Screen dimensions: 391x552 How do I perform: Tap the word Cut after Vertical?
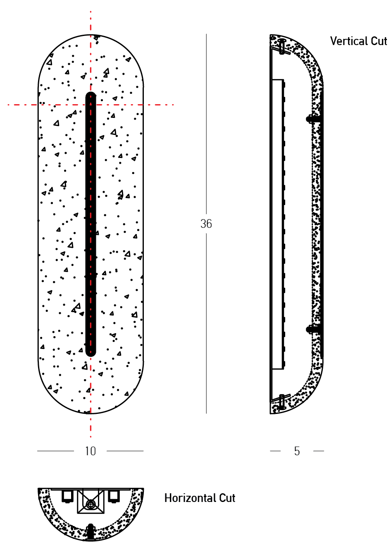[379, 41]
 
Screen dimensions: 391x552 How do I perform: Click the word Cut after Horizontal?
[227, 498]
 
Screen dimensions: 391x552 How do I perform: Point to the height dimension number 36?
[206, 224]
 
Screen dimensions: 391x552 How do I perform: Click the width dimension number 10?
[91, 451]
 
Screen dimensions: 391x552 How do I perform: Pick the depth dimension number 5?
[297, 451]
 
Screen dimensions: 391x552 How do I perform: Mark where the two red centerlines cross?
[91, 105]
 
